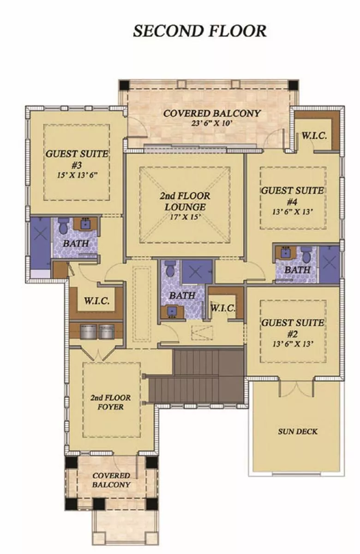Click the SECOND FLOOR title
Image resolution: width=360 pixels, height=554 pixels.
pyautogui.click(x=200, y=31)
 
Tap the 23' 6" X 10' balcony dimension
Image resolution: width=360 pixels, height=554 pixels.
pyautogui.click(x=212, y=123)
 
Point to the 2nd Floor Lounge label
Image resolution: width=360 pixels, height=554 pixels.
pyautogui.click(x=185, y=201)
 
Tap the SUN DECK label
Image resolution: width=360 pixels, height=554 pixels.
pyautogui.click(x=298, y=432)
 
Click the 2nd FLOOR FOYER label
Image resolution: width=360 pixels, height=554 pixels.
pyautogui.click(x=110, y=402)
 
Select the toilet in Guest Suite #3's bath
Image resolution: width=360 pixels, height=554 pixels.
pyautogui.click(x=63, y=226)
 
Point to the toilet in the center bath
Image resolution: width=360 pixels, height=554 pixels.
pyautogui.click(x=170, y=268)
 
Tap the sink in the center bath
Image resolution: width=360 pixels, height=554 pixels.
pyautogui.click(x=172, y=312)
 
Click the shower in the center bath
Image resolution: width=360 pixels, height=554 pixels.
pyautogui.click(x=197, y=271)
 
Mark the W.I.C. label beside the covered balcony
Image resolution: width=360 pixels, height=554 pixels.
pyautogui.click(x=314, y=136)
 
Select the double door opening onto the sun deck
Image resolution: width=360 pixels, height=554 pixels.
pyautogui.click(x=296, y=387)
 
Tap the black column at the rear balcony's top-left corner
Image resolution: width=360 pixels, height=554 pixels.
pyautogui.click(x=124, y=85)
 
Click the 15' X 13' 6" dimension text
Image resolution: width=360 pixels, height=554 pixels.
pyautogui.click(x=78, y=175)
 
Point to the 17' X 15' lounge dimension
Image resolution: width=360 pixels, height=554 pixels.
pyautogui.click(x=185, y=217)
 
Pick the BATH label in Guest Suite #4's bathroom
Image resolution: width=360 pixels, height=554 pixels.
pyautogui.click(x=297, y=270)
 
